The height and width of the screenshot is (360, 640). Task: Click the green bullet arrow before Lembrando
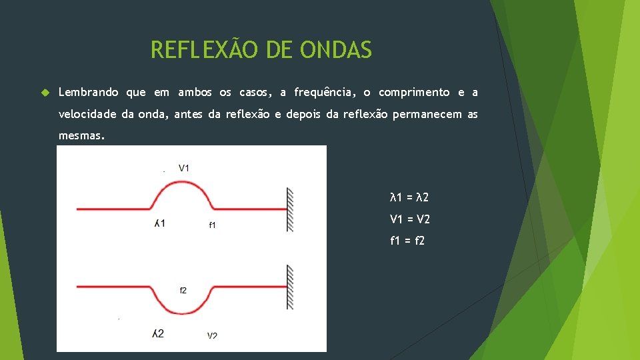pyautogui.click(x=45, y=92)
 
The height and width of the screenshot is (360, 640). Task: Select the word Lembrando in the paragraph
pyautogui.click(x=89, y=92)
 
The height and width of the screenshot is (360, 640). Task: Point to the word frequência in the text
pyautogui.click(x=325, y=92)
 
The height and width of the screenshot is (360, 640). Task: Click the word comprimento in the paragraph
pyautogui.click(x=414, y=92)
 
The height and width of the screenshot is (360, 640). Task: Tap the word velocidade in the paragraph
pyautogui.click(x=87, y=115)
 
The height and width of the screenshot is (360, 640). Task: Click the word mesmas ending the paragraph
pyautogui.click(x=80, y=137)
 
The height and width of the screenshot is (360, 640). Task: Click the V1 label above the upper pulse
pyautogui.click(x=184, y=168)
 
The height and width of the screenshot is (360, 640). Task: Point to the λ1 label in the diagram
pyautogui.click(x=159, y=223)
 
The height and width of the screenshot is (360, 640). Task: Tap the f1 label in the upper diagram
pyautogui.click(x=212, y=225)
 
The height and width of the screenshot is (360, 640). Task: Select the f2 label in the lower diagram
pyautogui.click(x=183, y=290)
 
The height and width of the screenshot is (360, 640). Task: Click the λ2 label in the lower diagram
pyautogui.click(x=158, y=333)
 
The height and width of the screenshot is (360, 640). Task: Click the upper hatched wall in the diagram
pyautogui.click(x=290, y=209)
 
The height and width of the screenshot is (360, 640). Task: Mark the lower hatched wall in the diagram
pyautogui.click(x=290, y=287)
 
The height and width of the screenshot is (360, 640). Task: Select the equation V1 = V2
pyautogui.click(x=409, y=219)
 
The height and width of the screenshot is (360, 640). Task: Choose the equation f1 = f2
pyautogui.click(x=407, y=241)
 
